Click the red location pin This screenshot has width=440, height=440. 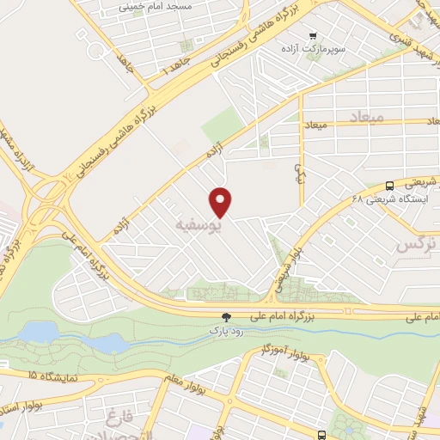coord(222,201)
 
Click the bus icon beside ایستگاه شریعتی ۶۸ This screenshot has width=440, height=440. coord(390,185)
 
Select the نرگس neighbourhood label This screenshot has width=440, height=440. coord(416,246)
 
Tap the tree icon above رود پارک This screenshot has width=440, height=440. coord(227,316)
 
